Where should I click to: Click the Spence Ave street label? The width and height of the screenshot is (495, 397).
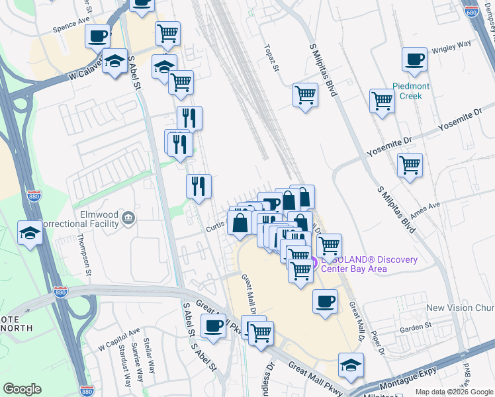point(71,30)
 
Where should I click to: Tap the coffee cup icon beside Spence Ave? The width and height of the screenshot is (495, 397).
point(98,36)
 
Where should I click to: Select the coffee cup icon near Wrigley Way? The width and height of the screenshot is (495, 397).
point(414,60)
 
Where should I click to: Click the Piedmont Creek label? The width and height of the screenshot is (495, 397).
point(411,91)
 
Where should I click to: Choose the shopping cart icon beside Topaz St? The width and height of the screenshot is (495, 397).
point(306,95)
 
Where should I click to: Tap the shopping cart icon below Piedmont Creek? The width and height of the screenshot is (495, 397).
point(382,101)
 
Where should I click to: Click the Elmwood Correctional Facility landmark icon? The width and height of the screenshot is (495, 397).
point(128,217)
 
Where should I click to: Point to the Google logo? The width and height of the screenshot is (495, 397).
point(22,389)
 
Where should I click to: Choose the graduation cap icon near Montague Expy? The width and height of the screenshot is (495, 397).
point(351,363)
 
